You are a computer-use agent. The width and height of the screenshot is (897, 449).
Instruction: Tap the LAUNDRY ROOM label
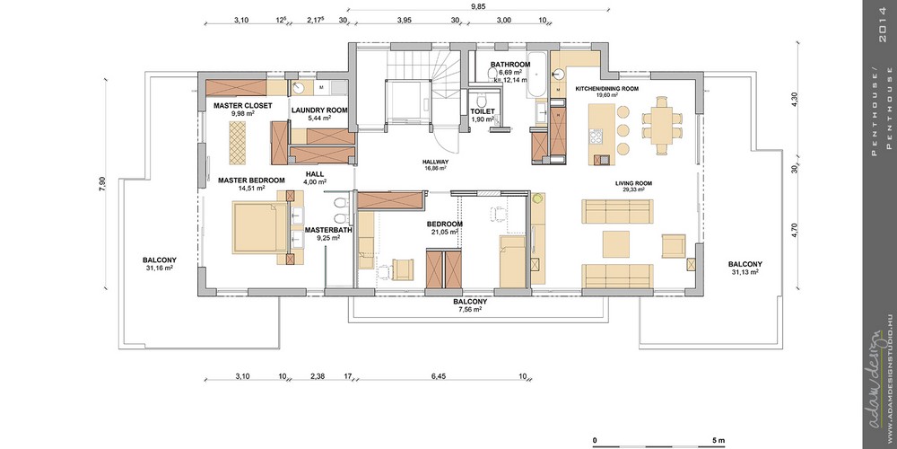click(319, 110)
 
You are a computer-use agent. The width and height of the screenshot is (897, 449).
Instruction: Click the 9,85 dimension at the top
click(479, 6)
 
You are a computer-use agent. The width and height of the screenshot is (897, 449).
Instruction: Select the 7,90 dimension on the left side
click(103, 182)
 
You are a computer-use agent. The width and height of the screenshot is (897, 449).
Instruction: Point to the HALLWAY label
click(435, 162)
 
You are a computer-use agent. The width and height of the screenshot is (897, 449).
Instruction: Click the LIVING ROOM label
click(633, 182)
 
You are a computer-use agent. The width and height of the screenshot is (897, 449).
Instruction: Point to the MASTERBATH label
click(328, 230)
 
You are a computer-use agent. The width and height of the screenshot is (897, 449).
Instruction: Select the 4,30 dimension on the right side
click(794, 100)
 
